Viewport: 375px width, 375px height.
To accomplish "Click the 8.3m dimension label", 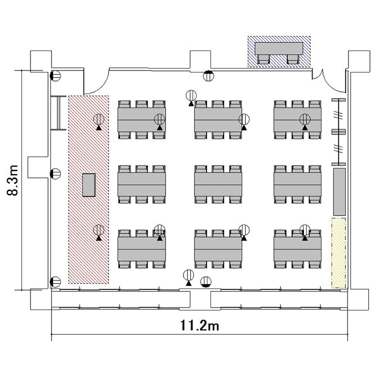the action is coord(12,180).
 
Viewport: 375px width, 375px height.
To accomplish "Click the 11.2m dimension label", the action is coord(199,325).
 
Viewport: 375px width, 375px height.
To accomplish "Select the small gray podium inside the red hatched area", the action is coord(89,185).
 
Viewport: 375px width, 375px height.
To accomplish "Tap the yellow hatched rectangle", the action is coord(338,253).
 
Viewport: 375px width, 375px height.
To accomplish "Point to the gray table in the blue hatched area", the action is coord(279,49).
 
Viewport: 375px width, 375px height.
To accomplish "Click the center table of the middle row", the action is coord(218,184).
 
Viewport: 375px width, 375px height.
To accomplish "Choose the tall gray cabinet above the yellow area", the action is coord(339,192).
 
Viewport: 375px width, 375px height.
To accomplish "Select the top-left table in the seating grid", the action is coord(141,119).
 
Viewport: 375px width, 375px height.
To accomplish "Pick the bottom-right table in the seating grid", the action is coord(297,249).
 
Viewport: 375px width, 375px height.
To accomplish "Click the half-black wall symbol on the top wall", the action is coord(208,76).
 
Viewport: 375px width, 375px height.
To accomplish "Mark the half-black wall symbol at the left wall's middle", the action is coord(55,173).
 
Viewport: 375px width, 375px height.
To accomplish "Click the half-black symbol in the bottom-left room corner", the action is coord(55,281).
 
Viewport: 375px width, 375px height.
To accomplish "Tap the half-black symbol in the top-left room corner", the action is coord(55,76).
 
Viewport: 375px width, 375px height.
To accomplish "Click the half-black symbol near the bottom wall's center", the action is coord(206,281).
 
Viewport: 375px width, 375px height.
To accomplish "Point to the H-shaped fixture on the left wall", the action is coord(58,113).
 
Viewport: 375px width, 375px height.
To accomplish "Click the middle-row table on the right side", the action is coord(297,184).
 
